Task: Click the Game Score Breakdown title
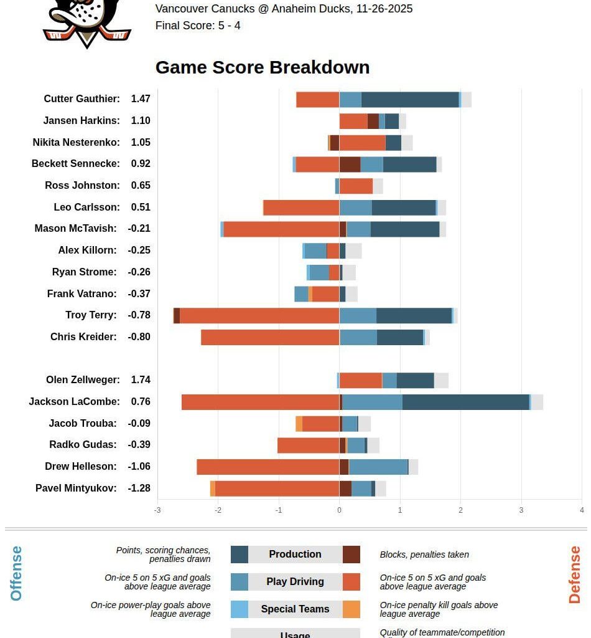(262, 67)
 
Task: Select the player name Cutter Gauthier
(81, 99)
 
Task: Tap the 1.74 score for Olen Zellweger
(141, 380)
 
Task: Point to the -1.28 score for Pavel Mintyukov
(139, 488)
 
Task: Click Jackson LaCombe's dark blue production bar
(465, 402)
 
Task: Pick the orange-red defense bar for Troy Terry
(259, 315)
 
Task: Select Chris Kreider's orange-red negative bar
(270, 337)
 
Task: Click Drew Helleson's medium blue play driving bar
(378, 467)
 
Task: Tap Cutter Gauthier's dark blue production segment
(410, 99)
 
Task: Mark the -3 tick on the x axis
(157, 510)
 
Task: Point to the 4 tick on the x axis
(582, 510)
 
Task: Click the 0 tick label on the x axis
(339, 510)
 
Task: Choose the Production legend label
(295, 555)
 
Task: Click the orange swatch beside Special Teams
(351, 609)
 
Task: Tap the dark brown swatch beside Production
(351, 555)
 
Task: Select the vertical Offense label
(16, 573)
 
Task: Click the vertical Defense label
(574, 574)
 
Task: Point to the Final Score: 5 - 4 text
(198, 26)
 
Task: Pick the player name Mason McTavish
(75, 229)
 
